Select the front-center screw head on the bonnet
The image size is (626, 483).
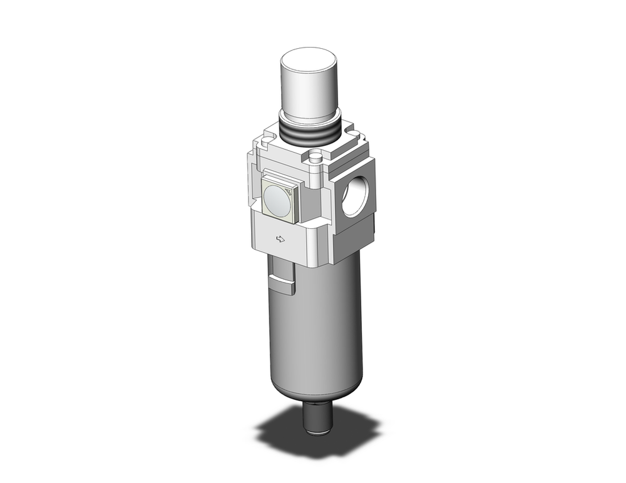tap(316, 156)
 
